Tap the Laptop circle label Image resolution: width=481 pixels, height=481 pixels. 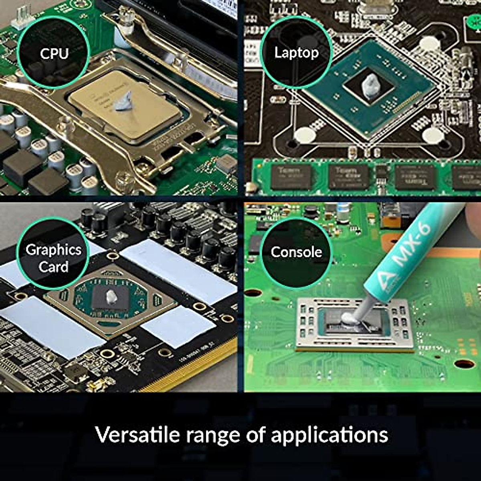[296, 53]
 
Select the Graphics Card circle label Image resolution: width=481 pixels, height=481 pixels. [53, 258]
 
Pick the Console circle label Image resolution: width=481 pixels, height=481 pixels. [296, 252]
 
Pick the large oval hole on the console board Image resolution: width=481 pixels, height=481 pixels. [465, 364]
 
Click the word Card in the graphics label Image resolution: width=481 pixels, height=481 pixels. [54, 267]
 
